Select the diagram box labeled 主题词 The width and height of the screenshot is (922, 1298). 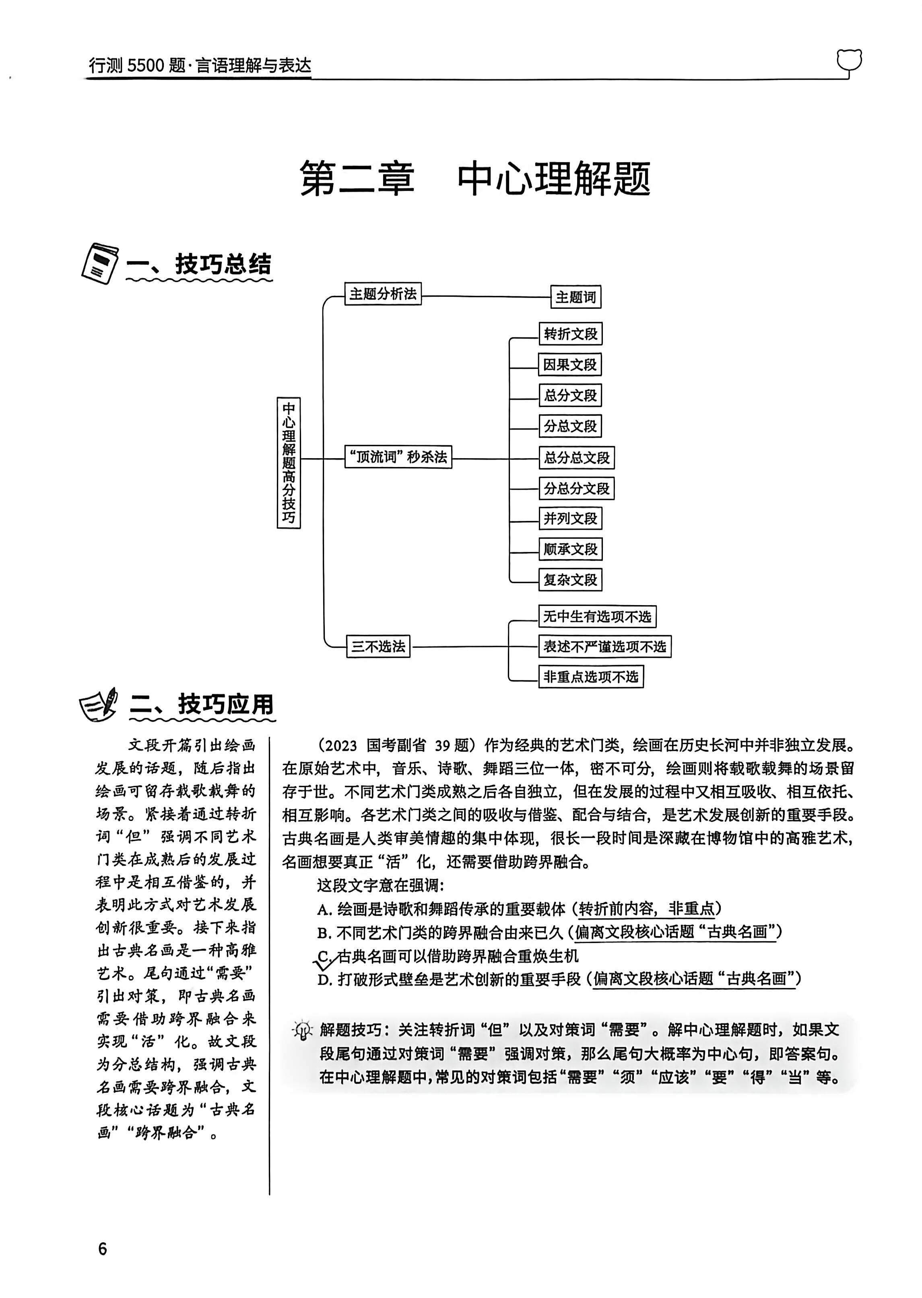click(x=575, y=297)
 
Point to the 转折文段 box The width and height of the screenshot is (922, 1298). click(x=571, y=334)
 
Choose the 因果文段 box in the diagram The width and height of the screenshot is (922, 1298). click(x=570, y=364)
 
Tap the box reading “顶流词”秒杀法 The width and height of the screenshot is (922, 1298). click(x=398, y=457)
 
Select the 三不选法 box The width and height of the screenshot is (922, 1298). click(x=378, y=647)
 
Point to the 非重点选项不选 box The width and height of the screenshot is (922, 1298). click(x=591, y=677)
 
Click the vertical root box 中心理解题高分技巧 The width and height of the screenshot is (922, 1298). click(x=289, y=463)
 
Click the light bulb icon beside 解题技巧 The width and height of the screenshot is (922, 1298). click(x=303, y=1030)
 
